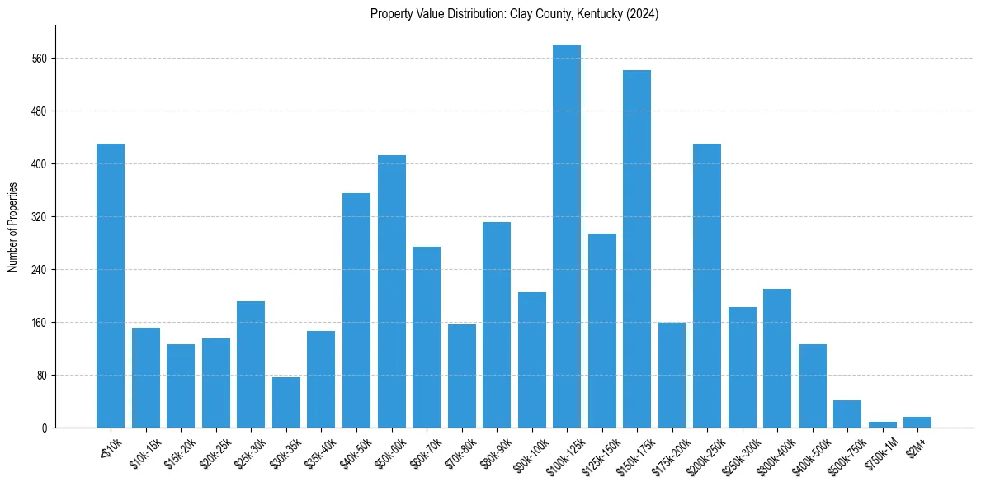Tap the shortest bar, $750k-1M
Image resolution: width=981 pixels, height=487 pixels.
pos(882,424)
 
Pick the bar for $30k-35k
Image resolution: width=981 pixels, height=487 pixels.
pos(286,402)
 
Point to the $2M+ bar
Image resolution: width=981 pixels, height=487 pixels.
pos(917,422)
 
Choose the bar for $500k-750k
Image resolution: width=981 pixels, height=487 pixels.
pos(847,414)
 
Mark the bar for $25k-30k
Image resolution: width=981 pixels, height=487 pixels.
pos(251,364)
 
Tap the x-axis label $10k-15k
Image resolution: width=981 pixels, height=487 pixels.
pos(142,452)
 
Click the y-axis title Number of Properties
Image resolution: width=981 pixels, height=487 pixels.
pos(12,227)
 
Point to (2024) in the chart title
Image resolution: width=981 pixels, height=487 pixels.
pos(644,14)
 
